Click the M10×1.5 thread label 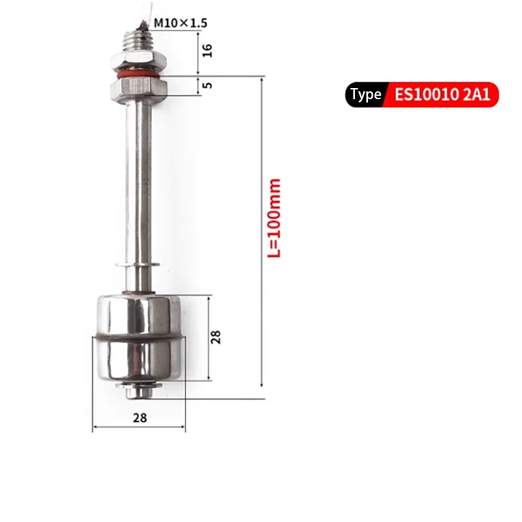(x=181, y=23)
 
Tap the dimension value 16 (x=207, y=51)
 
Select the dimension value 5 (x=207, y=85)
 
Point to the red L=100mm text (x=274, y=218)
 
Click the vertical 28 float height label (x=215, y=337)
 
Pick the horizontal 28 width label (x=140, y=418)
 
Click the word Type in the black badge (x=365, y=95)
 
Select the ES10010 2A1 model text (x=442, y=95)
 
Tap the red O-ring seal (x=138, y=74)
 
